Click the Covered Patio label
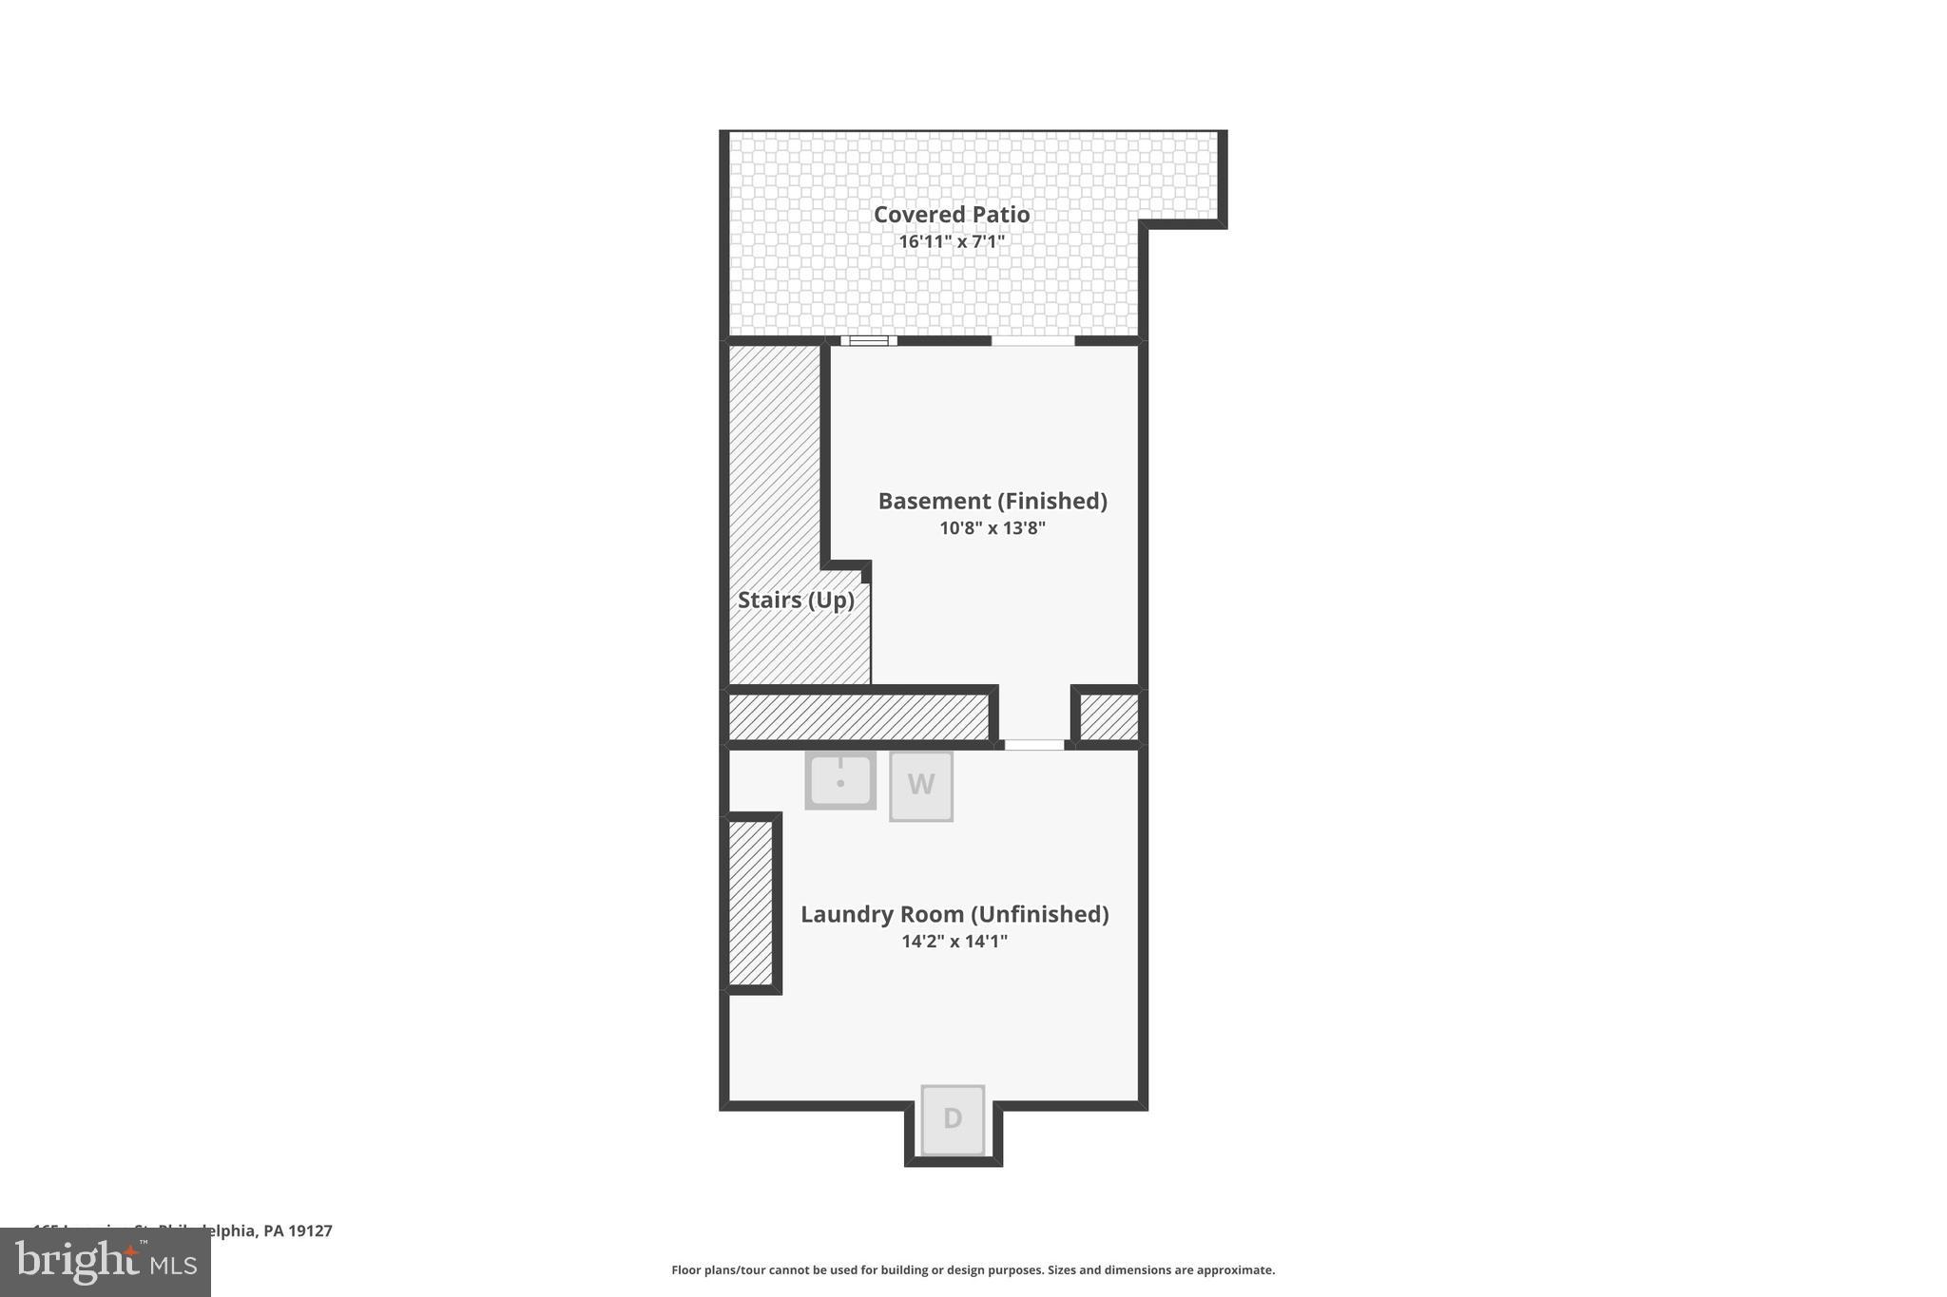click(x=952, y=215)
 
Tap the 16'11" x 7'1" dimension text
click(x=952, y=241)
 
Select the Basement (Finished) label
click(x=992, y=501)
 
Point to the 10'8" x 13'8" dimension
click(x=992, y=528)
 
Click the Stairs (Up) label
click(x=796, y=601)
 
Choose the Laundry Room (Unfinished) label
click(x=954, y=914)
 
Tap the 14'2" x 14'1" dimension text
click(x=954, y=942)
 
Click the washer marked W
click(x=920, y=786)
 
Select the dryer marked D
click(x=953, y=1119)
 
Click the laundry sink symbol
click(x=840, y=780)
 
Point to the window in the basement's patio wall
click(x=868, y=341)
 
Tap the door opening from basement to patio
click(x=1033, y=341)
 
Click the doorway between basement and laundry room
click(x=1034, y=745)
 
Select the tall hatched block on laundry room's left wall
click(x=751, y=903)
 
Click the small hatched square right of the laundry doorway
click(x=1108, y=716)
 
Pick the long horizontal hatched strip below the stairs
click(x=858, y=716)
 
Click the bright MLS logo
click(x=106, y=1263)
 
